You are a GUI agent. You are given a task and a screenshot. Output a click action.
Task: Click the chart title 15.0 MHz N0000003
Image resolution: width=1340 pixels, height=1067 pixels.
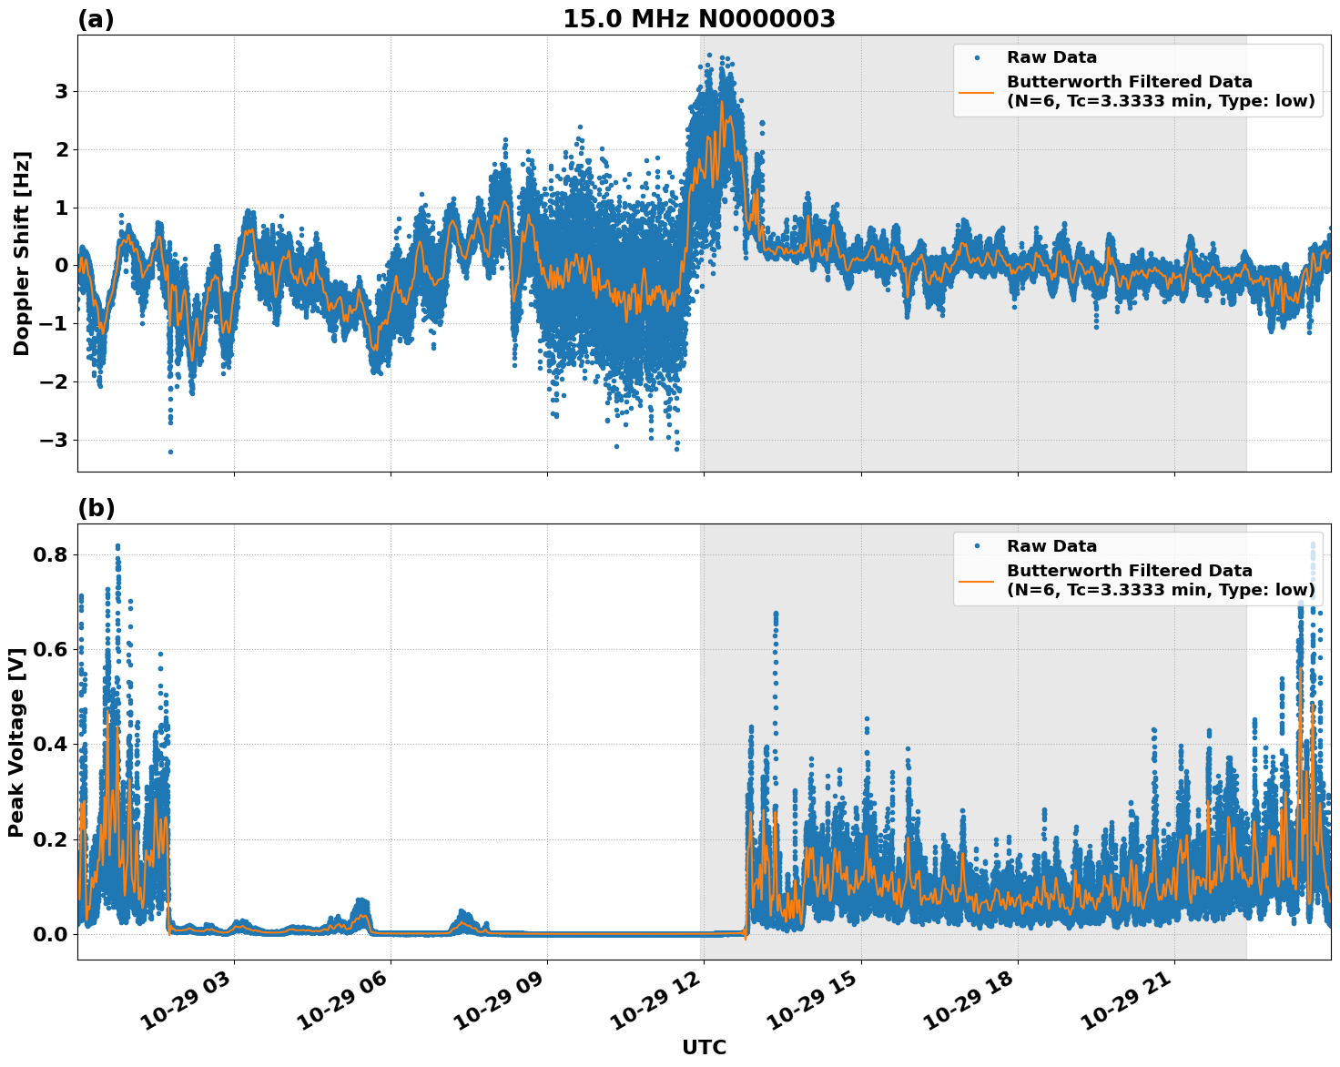698,19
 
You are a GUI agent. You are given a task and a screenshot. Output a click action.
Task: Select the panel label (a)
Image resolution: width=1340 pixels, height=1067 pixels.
96,19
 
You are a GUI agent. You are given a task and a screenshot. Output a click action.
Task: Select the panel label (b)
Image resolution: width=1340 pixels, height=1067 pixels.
96,508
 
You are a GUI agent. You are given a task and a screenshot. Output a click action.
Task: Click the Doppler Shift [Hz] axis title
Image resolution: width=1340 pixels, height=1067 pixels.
22,253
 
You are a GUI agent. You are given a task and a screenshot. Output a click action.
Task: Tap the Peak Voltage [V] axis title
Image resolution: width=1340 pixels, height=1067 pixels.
15,742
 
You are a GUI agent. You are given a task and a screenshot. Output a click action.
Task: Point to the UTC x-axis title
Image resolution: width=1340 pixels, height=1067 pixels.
704,1047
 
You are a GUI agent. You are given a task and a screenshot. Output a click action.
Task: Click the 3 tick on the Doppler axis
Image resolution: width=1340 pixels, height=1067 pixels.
61,91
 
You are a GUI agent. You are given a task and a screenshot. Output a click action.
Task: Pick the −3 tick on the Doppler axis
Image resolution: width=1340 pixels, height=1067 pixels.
54,441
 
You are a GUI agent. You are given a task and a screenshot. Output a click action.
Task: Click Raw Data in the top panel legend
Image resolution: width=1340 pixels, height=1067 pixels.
1051,57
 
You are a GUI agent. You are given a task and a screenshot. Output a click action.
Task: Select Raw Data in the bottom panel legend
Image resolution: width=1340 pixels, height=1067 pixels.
1051,546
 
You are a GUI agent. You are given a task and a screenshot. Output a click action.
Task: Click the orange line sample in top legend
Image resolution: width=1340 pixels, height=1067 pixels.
976,91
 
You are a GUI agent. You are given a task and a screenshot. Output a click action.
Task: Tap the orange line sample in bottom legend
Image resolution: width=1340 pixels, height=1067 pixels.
976,580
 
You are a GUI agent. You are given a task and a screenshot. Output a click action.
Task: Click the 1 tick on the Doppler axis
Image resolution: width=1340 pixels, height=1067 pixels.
61,208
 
